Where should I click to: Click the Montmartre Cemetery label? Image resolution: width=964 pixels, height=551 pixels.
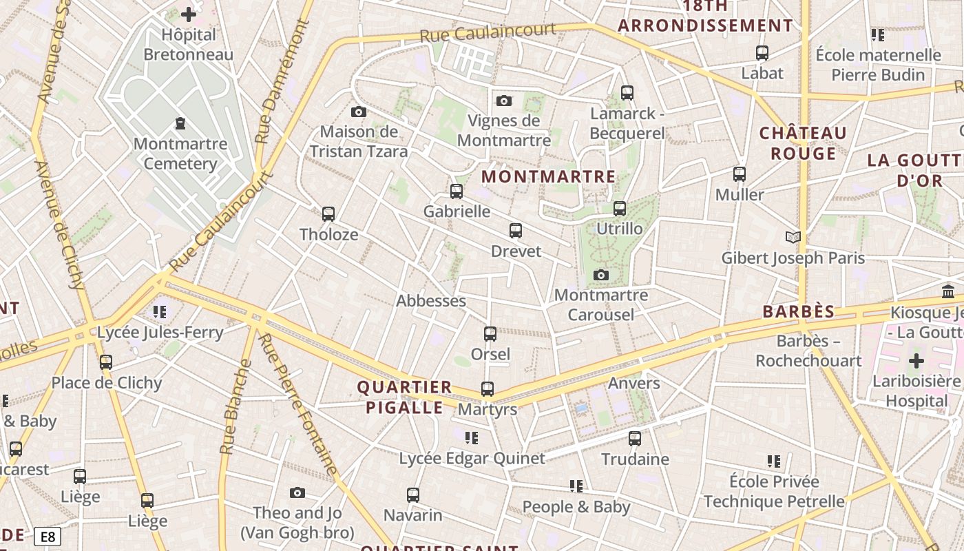pyautogui.click(x=180, y=154)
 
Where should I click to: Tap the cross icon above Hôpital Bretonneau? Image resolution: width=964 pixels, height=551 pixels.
pyautogui.click(x=188, y=14)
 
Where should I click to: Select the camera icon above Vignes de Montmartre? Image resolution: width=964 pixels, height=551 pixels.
pyautogui.click(x=504, y=101)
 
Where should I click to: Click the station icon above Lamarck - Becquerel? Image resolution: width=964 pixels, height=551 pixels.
pyautogui.click(x=627, y=93)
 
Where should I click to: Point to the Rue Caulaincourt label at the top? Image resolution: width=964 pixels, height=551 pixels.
pyautogui.click(x=488, y=32)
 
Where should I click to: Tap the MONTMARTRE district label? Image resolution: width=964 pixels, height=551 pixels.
pyautogui.click(x=548, y=176)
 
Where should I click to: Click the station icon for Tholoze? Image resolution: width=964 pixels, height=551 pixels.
pyautogui.click(x=328, y=214)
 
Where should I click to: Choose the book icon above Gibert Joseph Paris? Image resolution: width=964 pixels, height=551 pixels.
pyautogui.click(x=793, y=238)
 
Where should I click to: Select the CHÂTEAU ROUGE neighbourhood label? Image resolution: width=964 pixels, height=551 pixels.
pyautogui.click(x=803, y=143)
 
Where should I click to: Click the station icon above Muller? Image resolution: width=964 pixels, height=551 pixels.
pyautogui.click(x=740, y=174)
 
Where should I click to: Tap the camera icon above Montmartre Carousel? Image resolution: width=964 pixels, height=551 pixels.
pyautogui.click(x=601, y=275)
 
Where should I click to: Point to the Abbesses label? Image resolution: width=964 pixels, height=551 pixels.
pyautogui.click(x=431, y=301)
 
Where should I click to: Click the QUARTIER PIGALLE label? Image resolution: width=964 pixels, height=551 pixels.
pyautogui.click(x=404, y=397)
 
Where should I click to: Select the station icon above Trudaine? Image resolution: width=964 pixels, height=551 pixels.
pyautogui.click(x=635, y=439)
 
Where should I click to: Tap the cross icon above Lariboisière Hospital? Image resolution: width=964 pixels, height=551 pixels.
pyautogui.click(x=916, y=361)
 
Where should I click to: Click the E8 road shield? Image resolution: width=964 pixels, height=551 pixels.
pyautogui.click(x=47, y=537)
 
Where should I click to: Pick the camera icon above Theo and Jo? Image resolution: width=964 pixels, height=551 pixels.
pyautogui.click(x=297, y=492)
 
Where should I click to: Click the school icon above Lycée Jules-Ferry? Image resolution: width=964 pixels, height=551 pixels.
pyautogui.click(x=160, y=312)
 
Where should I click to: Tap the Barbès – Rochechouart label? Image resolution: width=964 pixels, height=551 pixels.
pyautogui.click(x=808, y=351)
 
